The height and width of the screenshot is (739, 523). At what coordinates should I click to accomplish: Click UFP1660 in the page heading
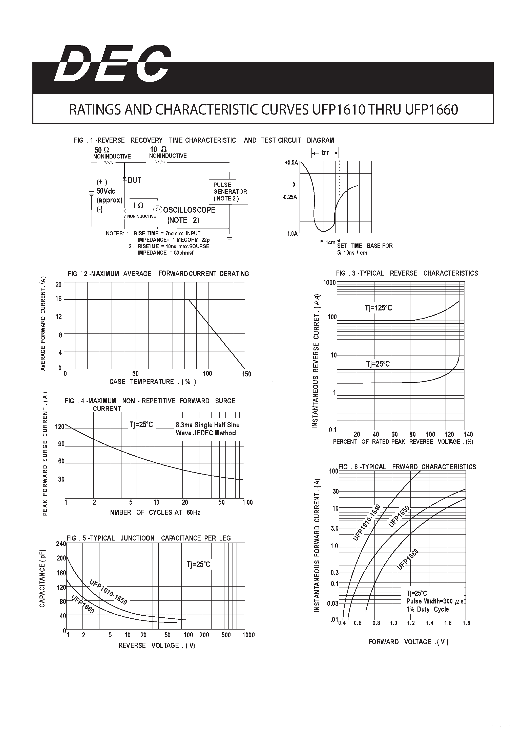pos(432,110)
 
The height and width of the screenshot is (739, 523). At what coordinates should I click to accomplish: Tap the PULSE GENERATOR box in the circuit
pos(229,191)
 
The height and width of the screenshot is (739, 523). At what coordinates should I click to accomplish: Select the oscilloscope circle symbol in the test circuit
pos(158,210)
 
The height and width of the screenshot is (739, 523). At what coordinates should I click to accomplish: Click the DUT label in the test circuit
pos(134,180)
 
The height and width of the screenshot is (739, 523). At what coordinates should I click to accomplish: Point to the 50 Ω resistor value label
pos(102,150)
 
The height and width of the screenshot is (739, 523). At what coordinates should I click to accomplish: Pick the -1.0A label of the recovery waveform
pos(291,234)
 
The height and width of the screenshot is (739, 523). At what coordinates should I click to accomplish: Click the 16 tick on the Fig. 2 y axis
pos(58,299)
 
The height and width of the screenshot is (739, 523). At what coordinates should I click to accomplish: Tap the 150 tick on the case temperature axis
pos(246,374)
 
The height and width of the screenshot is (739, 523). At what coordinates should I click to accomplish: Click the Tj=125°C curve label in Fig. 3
pos(379,308)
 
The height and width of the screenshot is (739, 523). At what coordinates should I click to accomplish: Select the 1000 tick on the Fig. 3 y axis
pos(329,283)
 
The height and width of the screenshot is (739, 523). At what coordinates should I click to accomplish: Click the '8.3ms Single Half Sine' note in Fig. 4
pos(207,425)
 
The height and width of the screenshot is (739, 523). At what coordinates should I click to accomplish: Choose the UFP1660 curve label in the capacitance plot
pos(82,604)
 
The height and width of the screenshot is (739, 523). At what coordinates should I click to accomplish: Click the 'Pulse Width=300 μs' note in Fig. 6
pos(434,601)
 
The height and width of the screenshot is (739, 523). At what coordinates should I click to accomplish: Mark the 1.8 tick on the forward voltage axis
pos(466,623)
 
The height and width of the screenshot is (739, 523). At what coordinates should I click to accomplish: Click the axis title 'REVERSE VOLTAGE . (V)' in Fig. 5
pos(157,645)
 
